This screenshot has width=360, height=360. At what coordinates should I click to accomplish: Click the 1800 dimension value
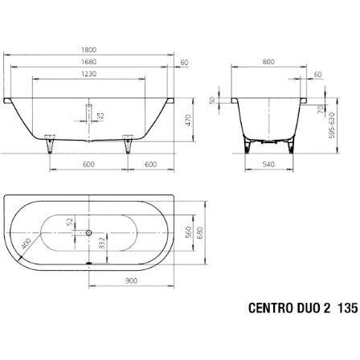[88, 50]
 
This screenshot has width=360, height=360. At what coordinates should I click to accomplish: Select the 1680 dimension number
[88, 62]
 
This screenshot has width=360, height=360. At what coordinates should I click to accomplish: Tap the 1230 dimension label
[88, 74]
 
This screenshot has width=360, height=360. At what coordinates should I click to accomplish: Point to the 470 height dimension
[188, 121]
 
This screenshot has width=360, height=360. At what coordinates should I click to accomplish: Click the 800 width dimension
[268, 62]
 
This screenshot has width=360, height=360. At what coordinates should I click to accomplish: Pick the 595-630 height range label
[332, 125]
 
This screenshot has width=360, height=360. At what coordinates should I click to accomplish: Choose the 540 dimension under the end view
[268, 164]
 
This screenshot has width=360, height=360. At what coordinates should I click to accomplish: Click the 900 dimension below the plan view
[131, 280]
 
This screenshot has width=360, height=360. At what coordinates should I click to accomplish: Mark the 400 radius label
[26, 243]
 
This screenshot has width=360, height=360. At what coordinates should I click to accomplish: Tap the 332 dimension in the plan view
[102, 243]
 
